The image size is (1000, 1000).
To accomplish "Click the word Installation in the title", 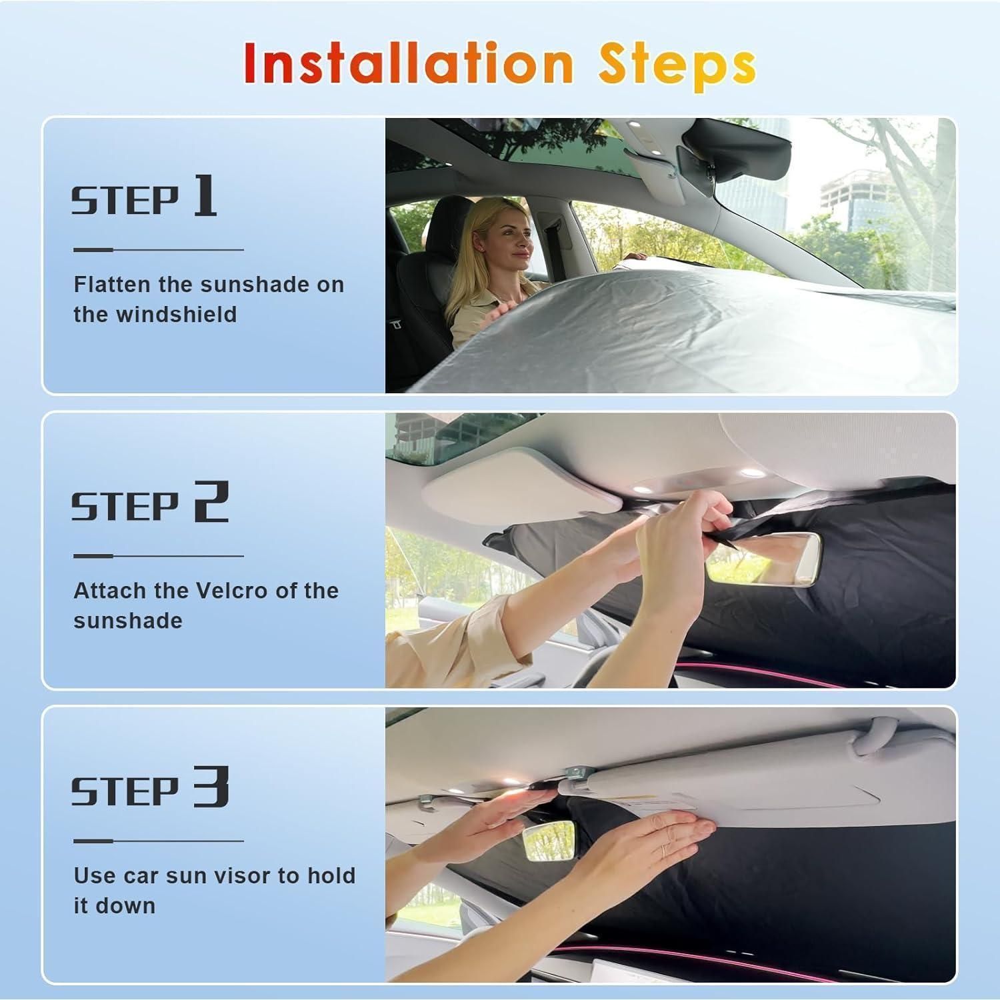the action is point(409,64).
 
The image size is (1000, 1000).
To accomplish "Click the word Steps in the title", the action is point(677,66).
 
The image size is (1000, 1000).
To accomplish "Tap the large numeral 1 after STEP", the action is point(205,195).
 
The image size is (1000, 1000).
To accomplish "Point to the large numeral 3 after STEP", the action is point(211,787).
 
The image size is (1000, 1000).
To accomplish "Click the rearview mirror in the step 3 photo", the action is point(549,843).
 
